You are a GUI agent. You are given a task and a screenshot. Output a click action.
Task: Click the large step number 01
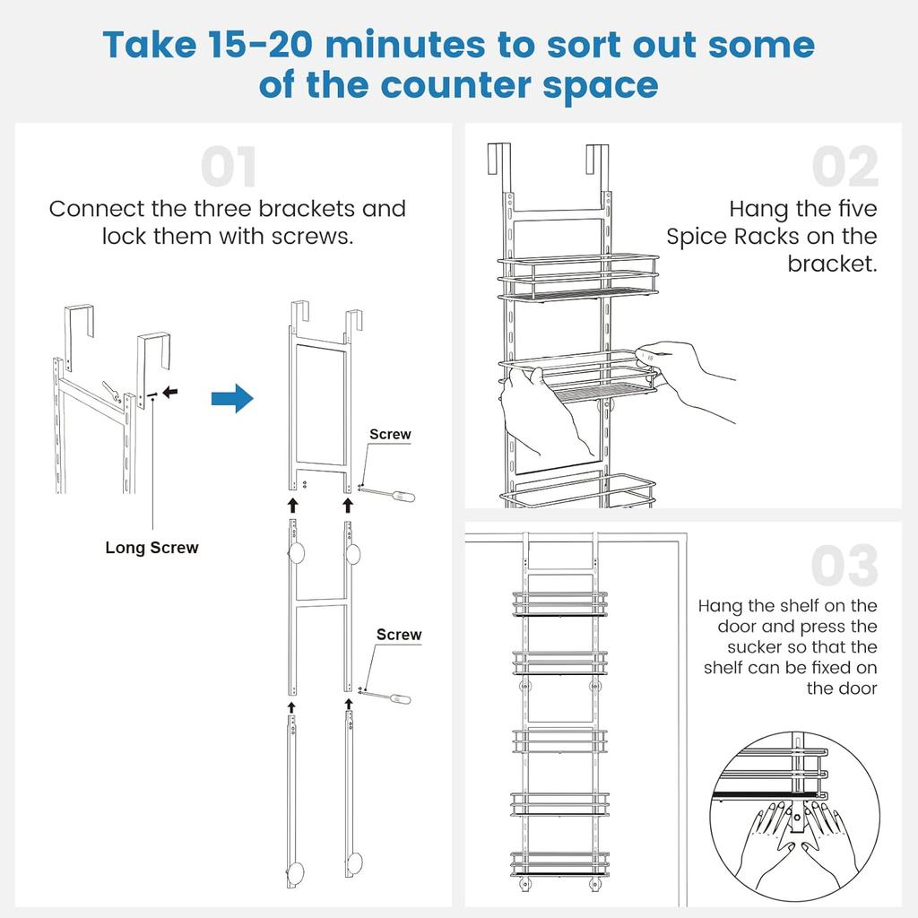(229, 168)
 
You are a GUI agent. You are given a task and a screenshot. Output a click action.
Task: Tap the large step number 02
(845, 168)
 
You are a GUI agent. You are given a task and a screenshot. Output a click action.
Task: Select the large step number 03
(844, 567)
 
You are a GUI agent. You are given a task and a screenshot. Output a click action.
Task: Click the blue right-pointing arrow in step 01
(232, 398)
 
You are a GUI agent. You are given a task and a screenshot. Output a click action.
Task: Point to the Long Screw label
(152, 548)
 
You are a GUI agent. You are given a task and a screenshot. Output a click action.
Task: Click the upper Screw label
(390, 435)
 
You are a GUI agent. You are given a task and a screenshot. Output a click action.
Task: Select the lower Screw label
(399, 635)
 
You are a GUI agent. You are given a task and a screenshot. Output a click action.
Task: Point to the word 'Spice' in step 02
(700, 237)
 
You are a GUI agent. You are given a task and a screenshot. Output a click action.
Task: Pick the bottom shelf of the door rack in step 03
(559, 863)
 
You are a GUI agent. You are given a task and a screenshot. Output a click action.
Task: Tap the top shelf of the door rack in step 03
(559, 603)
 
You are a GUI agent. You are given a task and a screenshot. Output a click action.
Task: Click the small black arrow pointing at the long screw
(169, 392)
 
